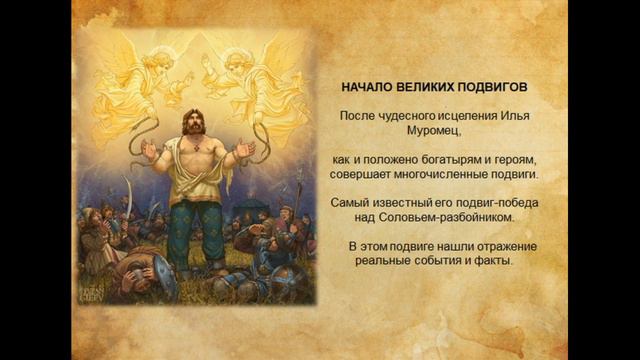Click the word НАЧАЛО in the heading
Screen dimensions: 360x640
pyautogui.click(x=365, y=88)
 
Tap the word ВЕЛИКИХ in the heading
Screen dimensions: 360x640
pyautogui.click(x=423, y=88)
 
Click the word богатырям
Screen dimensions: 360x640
pyautogui.click(x=440, y=159)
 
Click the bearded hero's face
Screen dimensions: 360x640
pyautogui.click(x=193, y=128)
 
